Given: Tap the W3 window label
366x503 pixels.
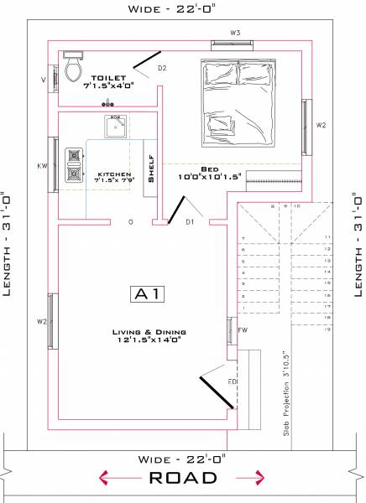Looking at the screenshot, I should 236,33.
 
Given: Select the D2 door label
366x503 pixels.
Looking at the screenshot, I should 161,67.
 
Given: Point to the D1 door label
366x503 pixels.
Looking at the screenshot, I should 190,222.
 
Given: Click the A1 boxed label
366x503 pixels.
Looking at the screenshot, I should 149,293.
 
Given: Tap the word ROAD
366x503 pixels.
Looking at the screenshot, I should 183,478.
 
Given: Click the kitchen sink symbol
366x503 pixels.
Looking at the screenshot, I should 116,127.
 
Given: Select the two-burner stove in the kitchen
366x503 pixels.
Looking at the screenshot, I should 76,164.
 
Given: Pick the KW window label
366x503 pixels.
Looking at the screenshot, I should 42,166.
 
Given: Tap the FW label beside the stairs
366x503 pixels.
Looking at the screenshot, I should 243,329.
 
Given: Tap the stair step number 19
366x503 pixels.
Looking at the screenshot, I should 328,330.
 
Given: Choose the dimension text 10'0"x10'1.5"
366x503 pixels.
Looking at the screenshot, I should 209,177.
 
